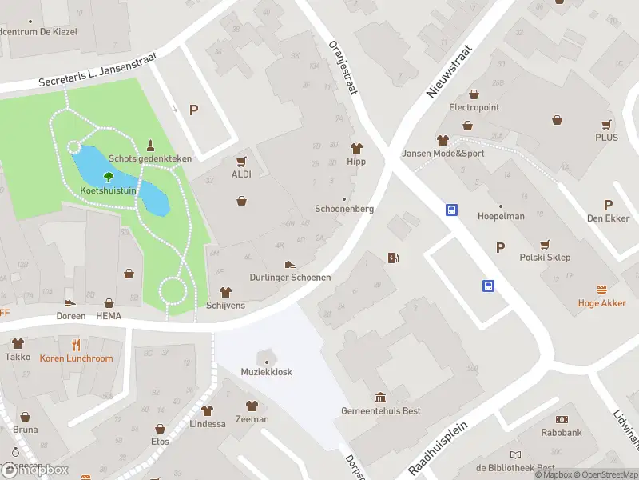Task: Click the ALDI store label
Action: tap(241, 174)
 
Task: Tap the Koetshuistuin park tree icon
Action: tap(109, 177)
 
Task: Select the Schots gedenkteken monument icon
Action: tap(150, 146)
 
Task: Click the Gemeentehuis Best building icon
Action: tap(380, 398)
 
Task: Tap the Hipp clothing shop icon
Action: tap(356, 148)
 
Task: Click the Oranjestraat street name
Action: tap(342, 69)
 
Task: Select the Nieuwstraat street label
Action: tap(450, 71)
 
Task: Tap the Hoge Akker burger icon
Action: tap(601, 290)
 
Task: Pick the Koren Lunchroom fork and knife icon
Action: tap(76, 345)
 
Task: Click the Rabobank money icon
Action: tap(561, 419)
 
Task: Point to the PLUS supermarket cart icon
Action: tap(606, 124)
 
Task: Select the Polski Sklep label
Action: tap(545, 258)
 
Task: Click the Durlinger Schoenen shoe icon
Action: tap(290, 264)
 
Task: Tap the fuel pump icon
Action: tap(392, 258)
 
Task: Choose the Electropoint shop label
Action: tap(474, 107)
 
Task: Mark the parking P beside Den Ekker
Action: tap(608, 205)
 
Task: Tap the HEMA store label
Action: tap(108, 316)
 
